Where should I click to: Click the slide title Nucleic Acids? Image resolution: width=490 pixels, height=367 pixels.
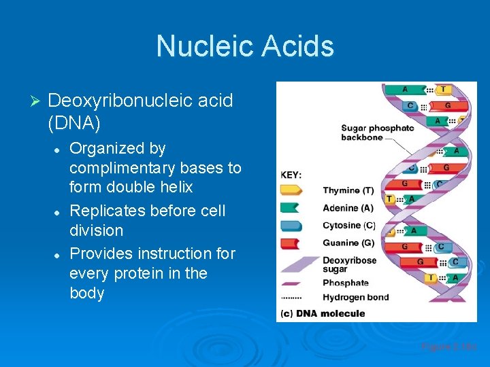pos(245,46)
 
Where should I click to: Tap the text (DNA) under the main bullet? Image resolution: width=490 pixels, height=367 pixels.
pos(74,123)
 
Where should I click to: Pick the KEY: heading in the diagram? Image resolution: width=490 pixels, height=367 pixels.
pos(291,175)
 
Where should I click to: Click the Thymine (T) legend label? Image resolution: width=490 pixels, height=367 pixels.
pos(348,191)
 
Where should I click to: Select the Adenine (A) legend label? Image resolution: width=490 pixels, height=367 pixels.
pos(348,208)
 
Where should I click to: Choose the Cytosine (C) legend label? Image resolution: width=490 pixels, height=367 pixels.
pos(348,226)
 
